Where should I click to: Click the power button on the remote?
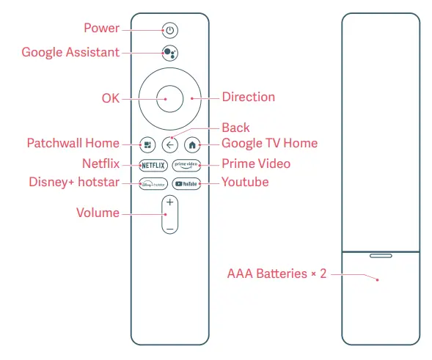point(169,30)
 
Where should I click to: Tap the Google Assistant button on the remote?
point(169,54)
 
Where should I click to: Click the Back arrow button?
point(169,144)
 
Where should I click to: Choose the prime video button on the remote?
point(186,164)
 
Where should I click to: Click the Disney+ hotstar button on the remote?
point(153,183)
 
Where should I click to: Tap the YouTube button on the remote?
point(186,183)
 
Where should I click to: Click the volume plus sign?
point(169,202)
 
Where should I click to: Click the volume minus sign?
point(169,229)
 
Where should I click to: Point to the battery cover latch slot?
point(380,257)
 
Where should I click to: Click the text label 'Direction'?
point(248,97)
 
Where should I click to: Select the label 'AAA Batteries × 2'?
point(276,274)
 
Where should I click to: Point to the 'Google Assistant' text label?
point(70,53)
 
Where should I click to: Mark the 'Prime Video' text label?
point(256,164)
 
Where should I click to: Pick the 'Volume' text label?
point(98,213)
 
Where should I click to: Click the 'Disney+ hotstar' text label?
point(73,182)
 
